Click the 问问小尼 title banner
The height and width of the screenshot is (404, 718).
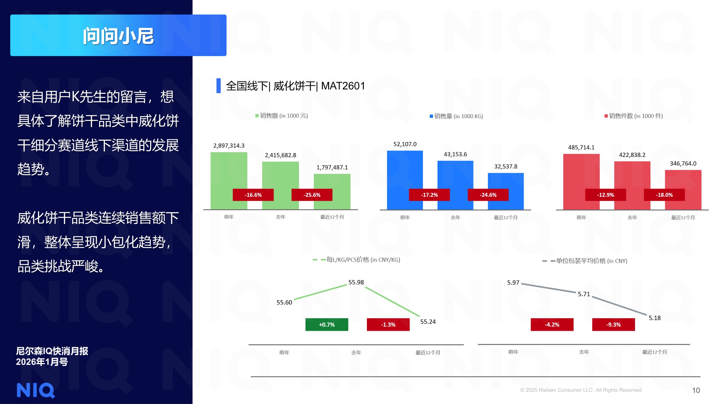pyautogui.click(x=118, y=36)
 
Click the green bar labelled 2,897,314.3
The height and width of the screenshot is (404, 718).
pyautogui.click(x=229, y=172)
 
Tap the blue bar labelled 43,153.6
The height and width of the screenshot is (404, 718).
pyautogui.click(x=455, y=176)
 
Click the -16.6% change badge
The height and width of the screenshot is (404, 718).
pyautogui.click(x=253, y=195)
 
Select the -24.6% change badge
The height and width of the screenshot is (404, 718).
pyautogui.click(x=488, y=195)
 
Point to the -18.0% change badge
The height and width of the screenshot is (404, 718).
pyautogui.click(x=664, y=195)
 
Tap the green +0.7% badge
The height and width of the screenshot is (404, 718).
pyautogui.click(x=327, y=325)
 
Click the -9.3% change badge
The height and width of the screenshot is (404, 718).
pyautogui.click(x=613, y=325)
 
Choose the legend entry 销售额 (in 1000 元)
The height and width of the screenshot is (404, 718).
pyautogui.click(x=282, y=116)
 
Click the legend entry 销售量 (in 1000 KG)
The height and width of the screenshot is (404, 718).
pyautogui.click(x=457, y=116)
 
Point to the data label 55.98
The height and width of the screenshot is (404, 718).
pyautogui.click(x=356, y=283)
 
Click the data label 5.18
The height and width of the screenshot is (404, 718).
pyautogui.click(x=654, y=318)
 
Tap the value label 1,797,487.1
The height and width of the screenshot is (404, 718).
pyautogui.click(x=332, y=168)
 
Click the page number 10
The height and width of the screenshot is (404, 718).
pyautogui.click(x=696, y=390)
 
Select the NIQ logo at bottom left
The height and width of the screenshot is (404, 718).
pyautogui.click(x=36, y=390)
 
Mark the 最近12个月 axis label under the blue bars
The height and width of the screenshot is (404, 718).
pyautogui.click(x=505, y=218)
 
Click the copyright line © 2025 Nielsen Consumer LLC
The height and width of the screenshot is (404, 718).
pyautogui.click(x=581, y=390)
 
